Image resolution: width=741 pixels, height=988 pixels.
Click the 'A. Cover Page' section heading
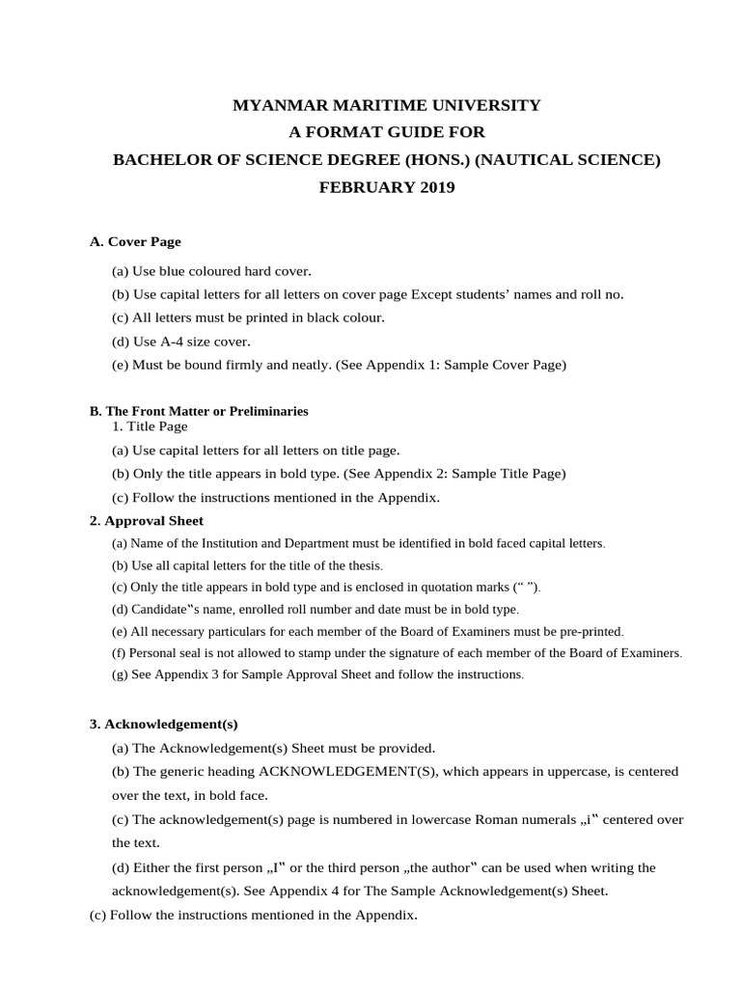point(135,241)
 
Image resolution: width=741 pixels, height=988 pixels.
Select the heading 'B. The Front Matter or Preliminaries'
point(199,411)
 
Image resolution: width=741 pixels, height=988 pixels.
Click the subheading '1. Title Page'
point(151,426)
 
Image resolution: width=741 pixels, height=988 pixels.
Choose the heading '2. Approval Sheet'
point(147,521)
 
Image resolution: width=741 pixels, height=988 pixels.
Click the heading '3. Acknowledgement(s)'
point(164,724)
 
